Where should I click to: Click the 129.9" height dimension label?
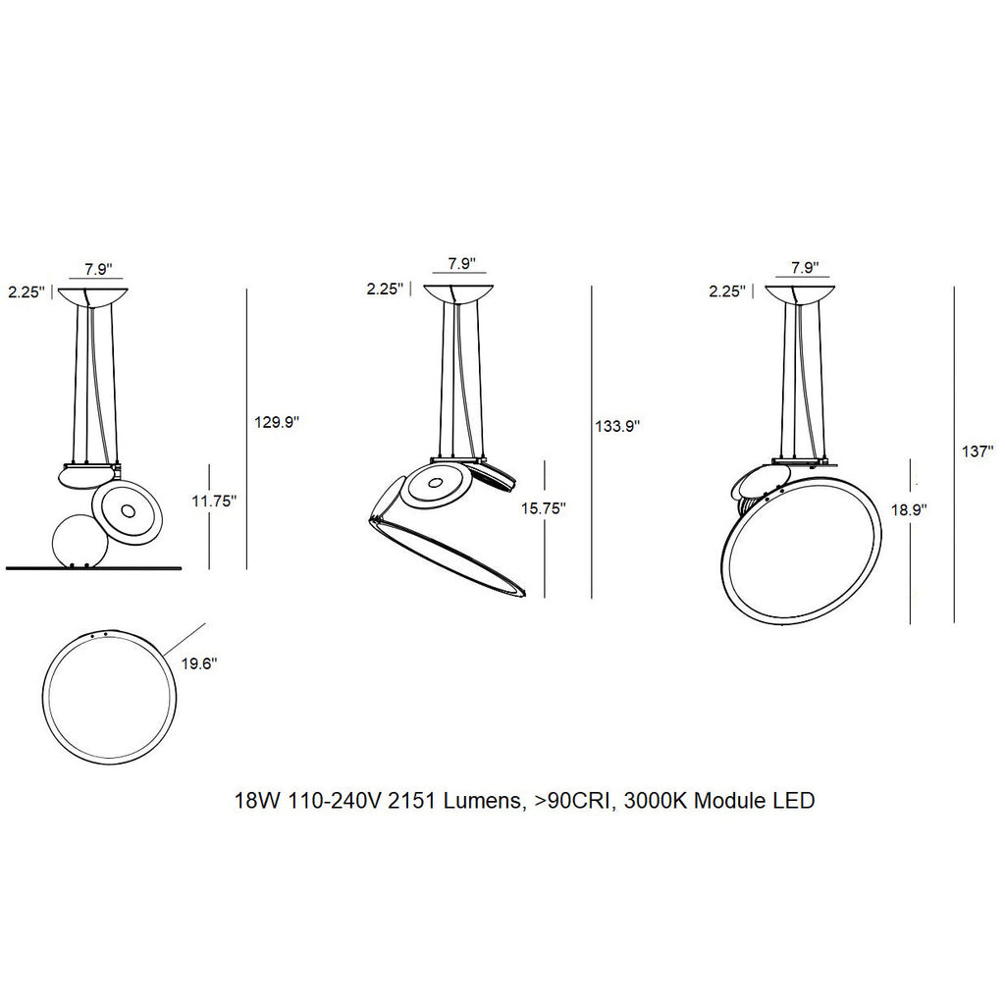click(x=276, y=422)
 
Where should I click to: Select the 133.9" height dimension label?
click(x=617, y=426)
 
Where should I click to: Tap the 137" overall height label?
click(x=978, y=452)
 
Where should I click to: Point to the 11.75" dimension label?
click(x=214, y=501)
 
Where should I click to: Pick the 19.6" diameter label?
click(x=198, y=663)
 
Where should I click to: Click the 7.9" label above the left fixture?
click(x=95, y=268)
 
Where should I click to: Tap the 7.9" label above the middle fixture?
click(x=461, y=264)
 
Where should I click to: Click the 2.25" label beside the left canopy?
click(x=26, y=291)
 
